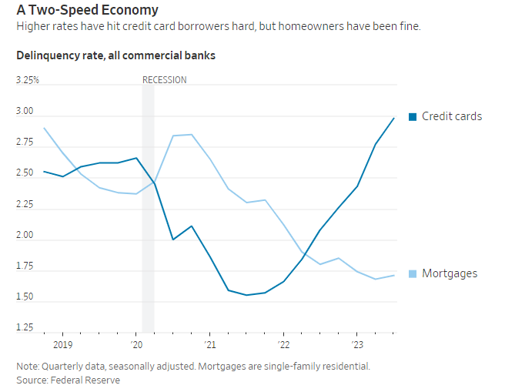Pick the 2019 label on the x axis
coord(62,344)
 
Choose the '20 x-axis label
coord(135,344)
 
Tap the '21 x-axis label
coord(209,344)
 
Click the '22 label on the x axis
coord(283,344)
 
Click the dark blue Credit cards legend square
coord(412,117)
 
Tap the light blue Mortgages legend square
coord(412,273)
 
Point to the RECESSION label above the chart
coord(165,80)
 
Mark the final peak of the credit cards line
coord(394,118)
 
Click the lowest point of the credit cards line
coord(246,295)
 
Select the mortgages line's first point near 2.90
coord(44,128)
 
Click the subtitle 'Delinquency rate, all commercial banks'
coord(115,55)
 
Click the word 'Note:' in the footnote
coord(28,366)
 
